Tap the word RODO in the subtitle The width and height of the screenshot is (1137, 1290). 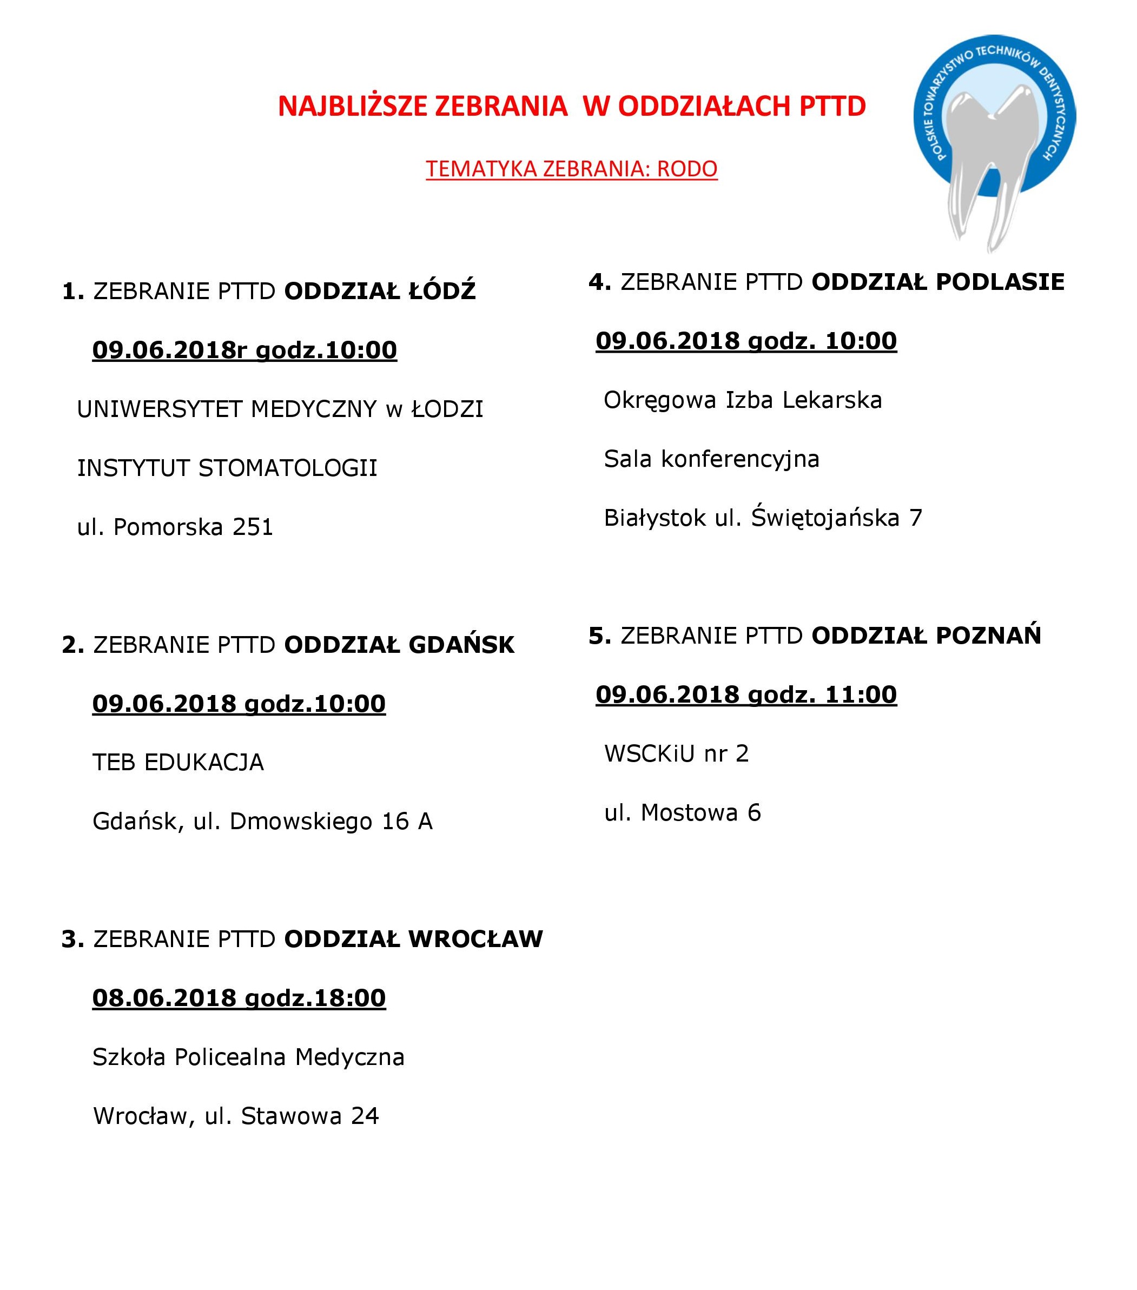pos(687,169)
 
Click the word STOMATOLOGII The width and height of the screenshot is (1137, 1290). pos(288,468)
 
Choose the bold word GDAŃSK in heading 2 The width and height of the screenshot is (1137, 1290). pos(461,645)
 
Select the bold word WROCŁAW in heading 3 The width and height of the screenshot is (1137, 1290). pos(475,939)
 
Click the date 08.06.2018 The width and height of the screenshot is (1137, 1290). pos(164,998)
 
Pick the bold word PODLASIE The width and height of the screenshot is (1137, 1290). pos(1000,282)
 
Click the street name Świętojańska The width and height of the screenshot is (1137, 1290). pos(824,518)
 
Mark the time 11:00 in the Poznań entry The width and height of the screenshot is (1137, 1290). pos(861,695)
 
